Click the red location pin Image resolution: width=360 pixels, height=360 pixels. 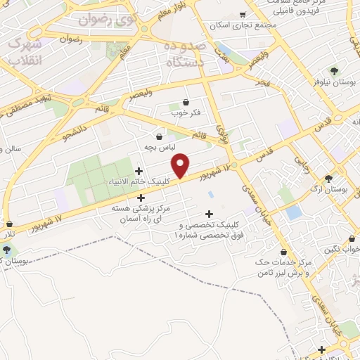[x=181, y=165]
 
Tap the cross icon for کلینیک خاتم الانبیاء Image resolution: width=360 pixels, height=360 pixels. [x=139, y=171]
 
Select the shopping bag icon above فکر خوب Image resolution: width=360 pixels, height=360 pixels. [x=185, y=102]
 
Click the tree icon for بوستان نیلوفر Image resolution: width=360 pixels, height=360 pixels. [x=334, y=70]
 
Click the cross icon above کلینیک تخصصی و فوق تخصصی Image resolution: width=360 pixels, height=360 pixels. [x=209, y=214]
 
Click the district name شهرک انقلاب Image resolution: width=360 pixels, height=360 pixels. [x=26, y=52]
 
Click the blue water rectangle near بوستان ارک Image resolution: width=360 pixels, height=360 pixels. [x=294, y=212]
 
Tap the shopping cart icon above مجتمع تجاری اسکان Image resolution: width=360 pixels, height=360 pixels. [x=243, y=14]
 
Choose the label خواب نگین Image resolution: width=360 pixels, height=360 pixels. [x=344, y=249]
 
